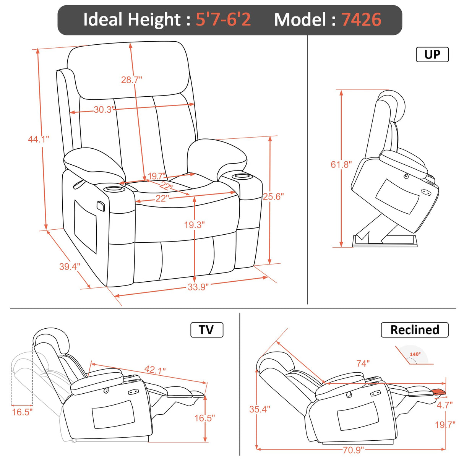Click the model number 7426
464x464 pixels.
coord(361,20)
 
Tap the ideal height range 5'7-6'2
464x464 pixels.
coord(223,20)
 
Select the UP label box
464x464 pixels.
coord(432,55)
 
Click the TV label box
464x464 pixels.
coord(206,330)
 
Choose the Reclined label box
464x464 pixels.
coord(414,330)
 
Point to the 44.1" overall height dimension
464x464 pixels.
coord(38,139)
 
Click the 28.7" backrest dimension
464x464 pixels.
coord(131,80)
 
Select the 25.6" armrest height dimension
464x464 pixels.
coord(273,196)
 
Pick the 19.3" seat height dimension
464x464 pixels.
coord(194,225)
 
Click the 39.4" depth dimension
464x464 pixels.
coord(70,266)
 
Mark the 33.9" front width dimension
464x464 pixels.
coord(198,287)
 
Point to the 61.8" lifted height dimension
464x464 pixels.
coord(341,165)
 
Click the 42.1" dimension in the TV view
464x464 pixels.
coord(155,370)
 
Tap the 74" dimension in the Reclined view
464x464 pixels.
coord(363,363)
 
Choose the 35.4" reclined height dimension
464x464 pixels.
coord(260,409)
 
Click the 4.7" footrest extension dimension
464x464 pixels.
coord(445,405)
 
